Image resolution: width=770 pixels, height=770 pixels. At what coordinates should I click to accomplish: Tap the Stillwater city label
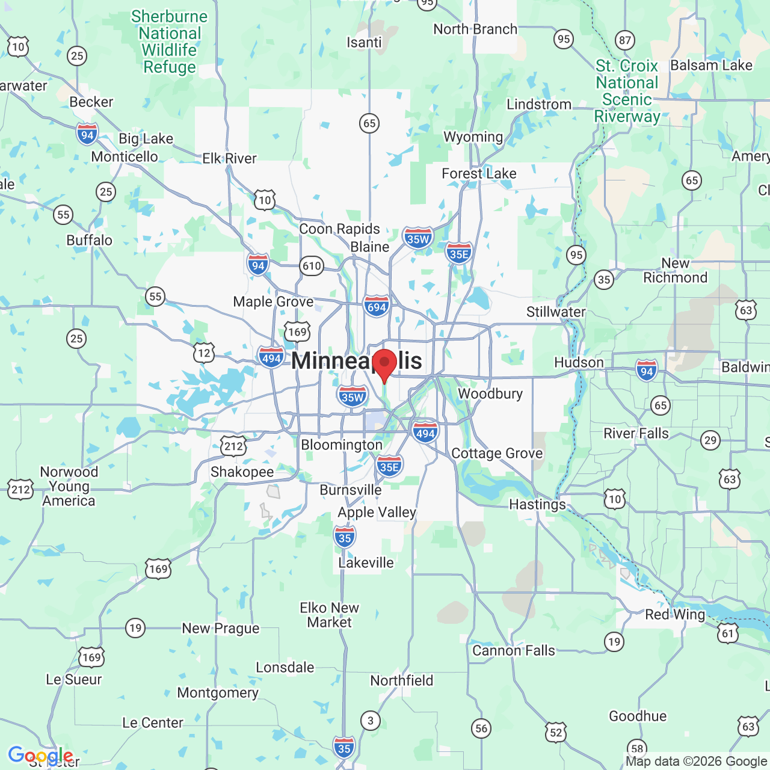[x=556, y=312]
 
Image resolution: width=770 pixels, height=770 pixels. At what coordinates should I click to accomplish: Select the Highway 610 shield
[x=312, y=266]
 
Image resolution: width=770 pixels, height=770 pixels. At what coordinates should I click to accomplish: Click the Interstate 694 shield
[x=377, y=307]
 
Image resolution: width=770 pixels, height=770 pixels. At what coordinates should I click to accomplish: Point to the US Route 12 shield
[x=204, y=353]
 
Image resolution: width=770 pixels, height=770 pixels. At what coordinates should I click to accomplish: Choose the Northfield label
[x=401, y=680]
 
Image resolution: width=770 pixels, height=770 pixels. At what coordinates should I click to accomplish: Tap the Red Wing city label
[x=675, y=614]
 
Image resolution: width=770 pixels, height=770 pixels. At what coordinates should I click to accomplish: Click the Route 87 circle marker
[x=625, y=40]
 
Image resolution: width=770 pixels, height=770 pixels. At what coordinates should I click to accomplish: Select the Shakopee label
[x=242, y=472]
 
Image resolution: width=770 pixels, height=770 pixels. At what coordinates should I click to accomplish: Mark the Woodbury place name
[x=490, y=393]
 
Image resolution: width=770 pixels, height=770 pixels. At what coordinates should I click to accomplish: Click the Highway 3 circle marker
[x=371, y=720]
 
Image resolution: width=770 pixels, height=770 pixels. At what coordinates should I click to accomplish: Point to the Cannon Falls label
[x=513, y=650]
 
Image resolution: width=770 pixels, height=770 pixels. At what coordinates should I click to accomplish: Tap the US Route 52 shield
[x=556, y=732]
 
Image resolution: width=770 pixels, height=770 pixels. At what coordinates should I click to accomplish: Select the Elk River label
[x=229, y=158]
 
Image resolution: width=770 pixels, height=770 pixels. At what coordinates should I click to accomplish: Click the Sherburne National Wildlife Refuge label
[x=170, y=42]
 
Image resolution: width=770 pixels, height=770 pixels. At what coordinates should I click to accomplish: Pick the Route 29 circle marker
[x=710, y=440]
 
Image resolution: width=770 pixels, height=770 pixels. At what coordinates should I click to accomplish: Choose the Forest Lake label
[x=479, y=174]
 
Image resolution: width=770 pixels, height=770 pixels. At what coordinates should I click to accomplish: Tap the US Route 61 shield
[x=728, y=633]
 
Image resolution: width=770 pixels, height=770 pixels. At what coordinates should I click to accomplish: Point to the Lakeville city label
[x=366, y=562]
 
